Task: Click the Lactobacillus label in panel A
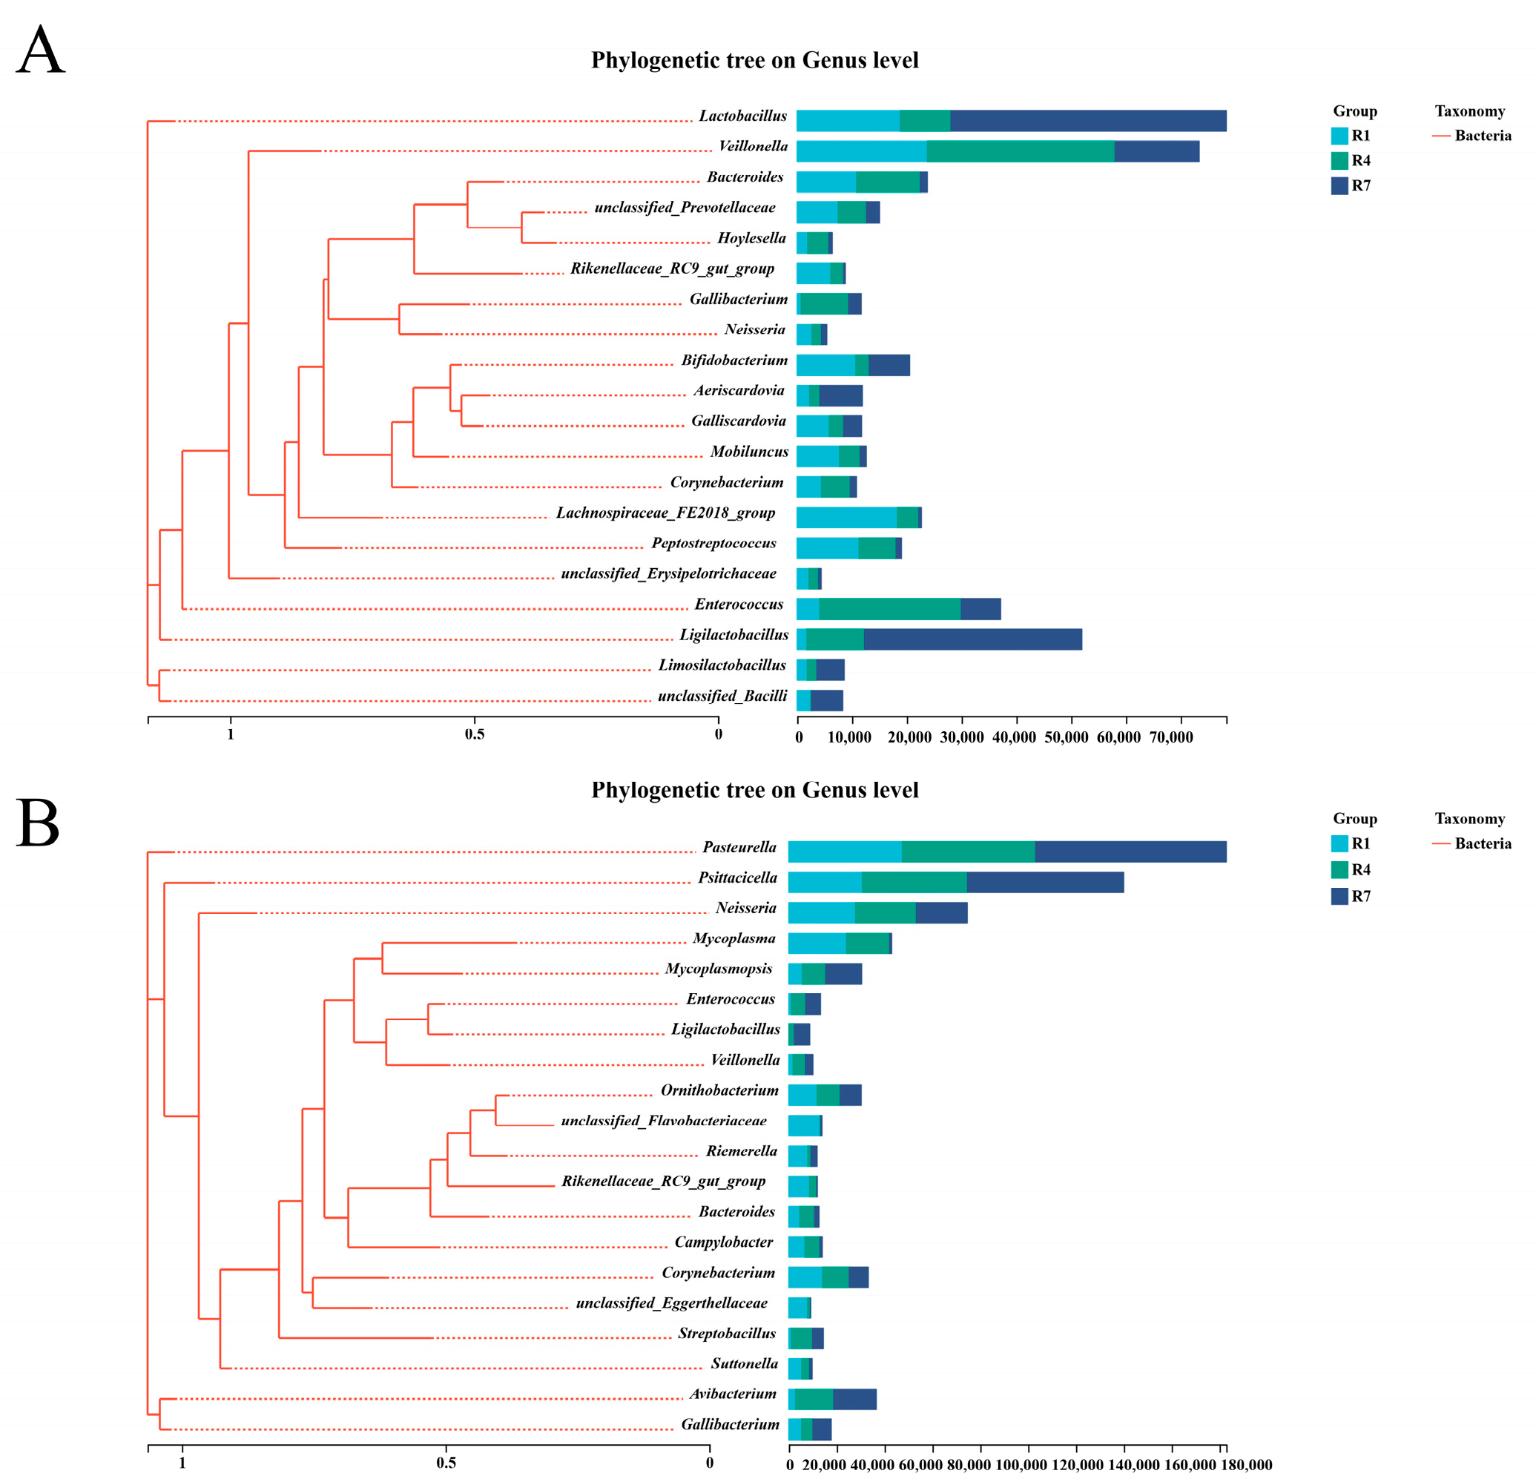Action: [x=743, y=116]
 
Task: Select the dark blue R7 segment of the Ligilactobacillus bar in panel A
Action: [x=972, y=639]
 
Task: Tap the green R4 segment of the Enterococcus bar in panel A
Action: [x=889, y=609]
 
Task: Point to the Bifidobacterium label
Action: [x=734, y=360]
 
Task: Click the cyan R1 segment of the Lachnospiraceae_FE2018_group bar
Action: [x=846, y=517]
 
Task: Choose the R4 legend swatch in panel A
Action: [x=1339, y=161]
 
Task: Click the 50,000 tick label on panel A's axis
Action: [x=1066, y=737]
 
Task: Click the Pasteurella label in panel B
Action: [x=739, y=847]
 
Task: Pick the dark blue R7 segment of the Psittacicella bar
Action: [x=1046, y=882]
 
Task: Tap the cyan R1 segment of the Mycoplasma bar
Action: [x=817, y=943]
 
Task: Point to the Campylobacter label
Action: [x=723, y=1242]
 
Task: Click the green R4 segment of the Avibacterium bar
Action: [x=814, y=1399]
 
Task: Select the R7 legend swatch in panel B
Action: [x=1339, y=896]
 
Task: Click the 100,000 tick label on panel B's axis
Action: [x=1021, y=1465]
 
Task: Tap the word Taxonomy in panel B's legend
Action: [x=1469, y=819]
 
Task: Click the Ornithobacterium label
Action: [x=719, y=1090]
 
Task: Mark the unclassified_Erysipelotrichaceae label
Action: [x=668, y=573]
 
